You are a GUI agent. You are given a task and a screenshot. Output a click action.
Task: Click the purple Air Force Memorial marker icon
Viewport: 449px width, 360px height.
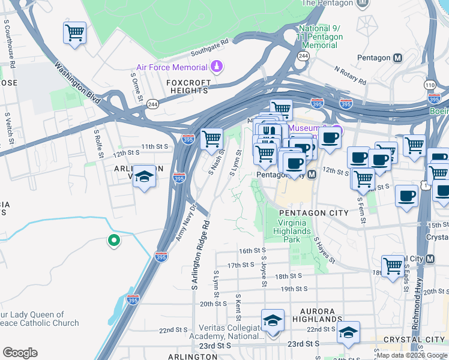pos(215,67)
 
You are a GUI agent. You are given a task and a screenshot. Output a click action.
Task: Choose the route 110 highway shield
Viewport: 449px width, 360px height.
pos(430,85)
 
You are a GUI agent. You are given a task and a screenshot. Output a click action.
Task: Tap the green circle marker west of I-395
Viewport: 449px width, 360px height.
pos(113,241)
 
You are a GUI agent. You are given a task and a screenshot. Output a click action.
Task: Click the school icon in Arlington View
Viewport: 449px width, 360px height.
pos(143,177)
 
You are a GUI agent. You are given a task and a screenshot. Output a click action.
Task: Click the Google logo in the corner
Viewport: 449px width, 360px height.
pos(20,353)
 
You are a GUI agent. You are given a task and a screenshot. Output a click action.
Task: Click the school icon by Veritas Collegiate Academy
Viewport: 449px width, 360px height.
pos(273,320)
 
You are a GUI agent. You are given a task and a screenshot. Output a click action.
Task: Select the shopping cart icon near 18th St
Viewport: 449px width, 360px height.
pos(393,265)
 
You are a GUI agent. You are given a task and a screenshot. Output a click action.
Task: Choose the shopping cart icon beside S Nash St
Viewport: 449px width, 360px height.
pos(211,139)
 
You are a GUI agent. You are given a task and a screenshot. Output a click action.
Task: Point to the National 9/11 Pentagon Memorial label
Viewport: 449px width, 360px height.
pos(321,37)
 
